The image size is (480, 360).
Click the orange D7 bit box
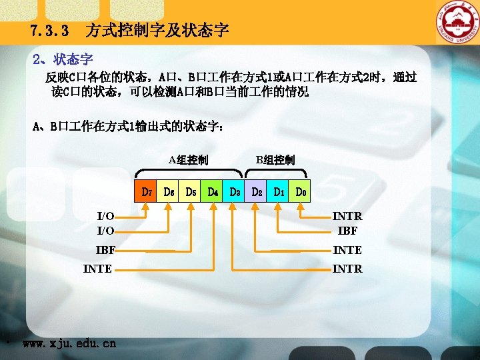coord(145,193)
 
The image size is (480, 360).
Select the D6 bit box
coord(168,193)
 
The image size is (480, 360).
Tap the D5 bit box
coord(190,193)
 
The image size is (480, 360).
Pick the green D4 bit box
coord(212,193)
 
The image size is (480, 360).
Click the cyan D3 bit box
coord(234,193)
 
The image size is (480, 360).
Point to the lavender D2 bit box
coord(256,193)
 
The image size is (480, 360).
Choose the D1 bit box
coord(278,193)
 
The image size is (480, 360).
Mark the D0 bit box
coord(300,193)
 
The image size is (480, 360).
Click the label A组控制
coord(188,160)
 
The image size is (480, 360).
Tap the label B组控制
coord(275,160)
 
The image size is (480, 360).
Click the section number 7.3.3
coord(49,31)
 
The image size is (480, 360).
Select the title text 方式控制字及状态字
coord(157,31)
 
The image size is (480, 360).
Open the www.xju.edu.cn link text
coord(69,344)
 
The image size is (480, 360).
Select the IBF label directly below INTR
coord(347,231)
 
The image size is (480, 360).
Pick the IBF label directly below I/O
coord(105,251)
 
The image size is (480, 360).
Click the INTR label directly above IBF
coord(347,217)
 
